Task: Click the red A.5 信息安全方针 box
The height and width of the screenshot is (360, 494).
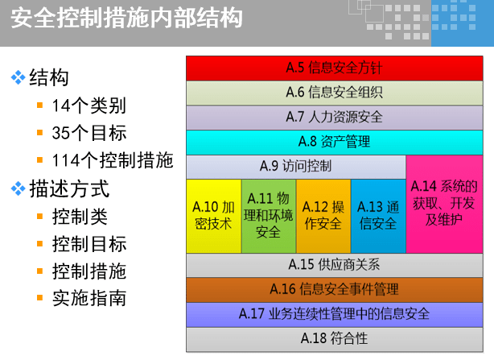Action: (x=334, y=68)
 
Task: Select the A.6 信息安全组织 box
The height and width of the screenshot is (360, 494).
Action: (x=334, y=93)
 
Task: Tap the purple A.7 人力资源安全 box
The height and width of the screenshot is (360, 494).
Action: (x=334, y=117)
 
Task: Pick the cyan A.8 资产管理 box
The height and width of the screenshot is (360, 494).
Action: (x=334, y=142)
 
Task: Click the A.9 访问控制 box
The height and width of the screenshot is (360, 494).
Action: (x=296, y=166)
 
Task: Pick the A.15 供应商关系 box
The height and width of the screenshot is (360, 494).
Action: (x=334, y=264)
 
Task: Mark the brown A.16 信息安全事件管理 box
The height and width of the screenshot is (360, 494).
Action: (x=334, y=288)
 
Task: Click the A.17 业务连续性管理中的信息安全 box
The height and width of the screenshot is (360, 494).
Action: (x=334, y=312)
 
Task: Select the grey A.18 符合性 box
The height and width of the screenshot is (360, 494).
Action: (x=334, y=337)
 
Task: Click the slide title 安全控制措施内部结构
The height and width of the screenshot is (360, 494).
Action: (x=127, y=18)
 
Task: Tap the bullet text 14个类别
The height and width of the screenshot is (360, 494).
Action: (x=89, y=106)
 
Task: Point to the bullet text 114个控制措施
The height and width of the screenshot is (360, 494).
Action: (x=112, y=160)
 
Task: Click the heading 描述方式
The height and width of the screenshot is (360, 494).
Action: (x=68, y=190)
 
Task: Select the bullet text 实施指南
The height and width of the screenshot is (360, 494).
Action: (x=89, y=298)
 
